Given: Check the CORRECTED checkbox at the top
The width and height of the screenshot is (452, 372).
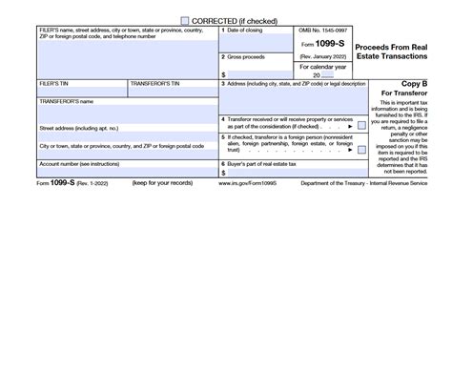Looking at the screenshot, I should click(x=186, y=20).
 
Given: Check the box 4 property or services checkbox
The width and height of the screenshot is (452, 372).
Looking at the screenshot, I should click(x=361, y=125).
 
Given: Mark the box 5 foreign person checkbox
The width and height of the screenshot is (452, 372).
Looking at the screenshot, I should click(x=361, y=151).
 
